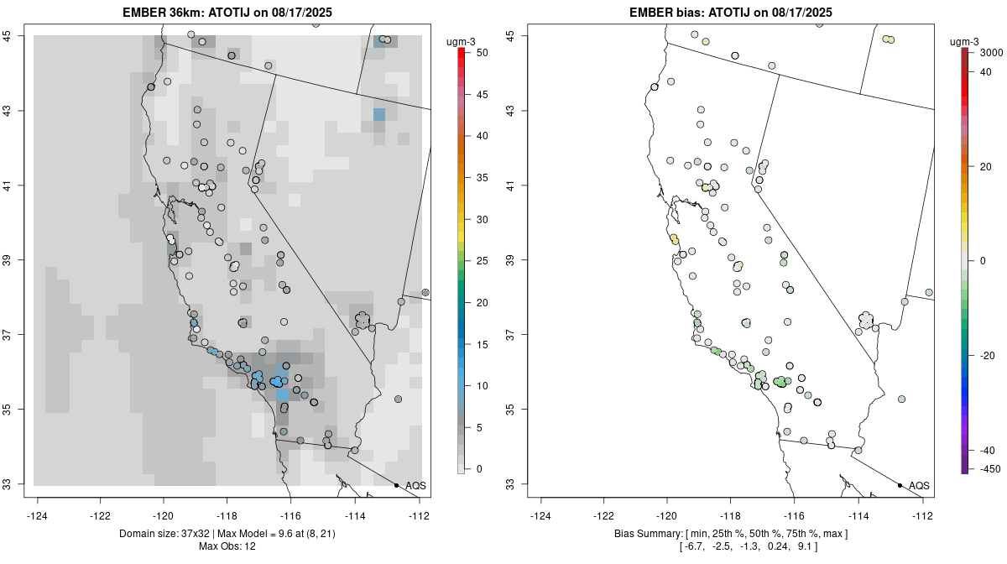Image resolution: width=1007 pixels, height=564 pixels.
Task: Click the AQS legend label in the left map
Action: coord(415,486)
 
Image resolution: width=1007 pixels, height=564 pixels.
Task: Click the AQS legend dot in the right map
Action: coord(900,486)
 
